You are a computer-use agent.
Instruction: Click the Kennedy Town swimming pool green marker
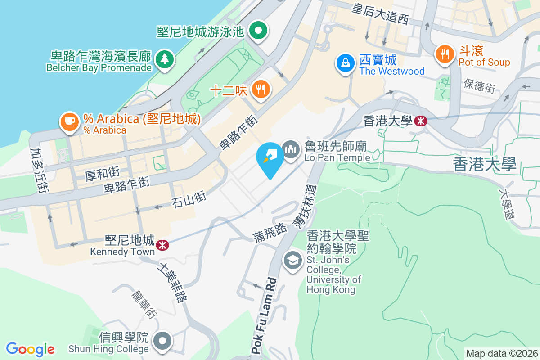tap(259, 31)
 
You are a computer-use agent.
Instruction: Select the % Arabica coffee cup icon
tap(69, 121)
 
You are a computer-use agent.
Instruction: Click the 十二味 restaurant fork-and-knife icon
tap(261, 89)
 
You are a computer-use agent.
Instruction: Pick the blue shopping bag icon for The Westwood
tap(346, 63)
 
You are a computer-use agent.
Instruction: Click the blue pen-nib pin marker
tap(270, 157)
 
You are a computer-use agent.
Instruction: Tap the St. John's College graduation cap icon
tap(293, 260)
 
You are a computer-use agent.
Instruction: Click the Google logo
tap(31, 349)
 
